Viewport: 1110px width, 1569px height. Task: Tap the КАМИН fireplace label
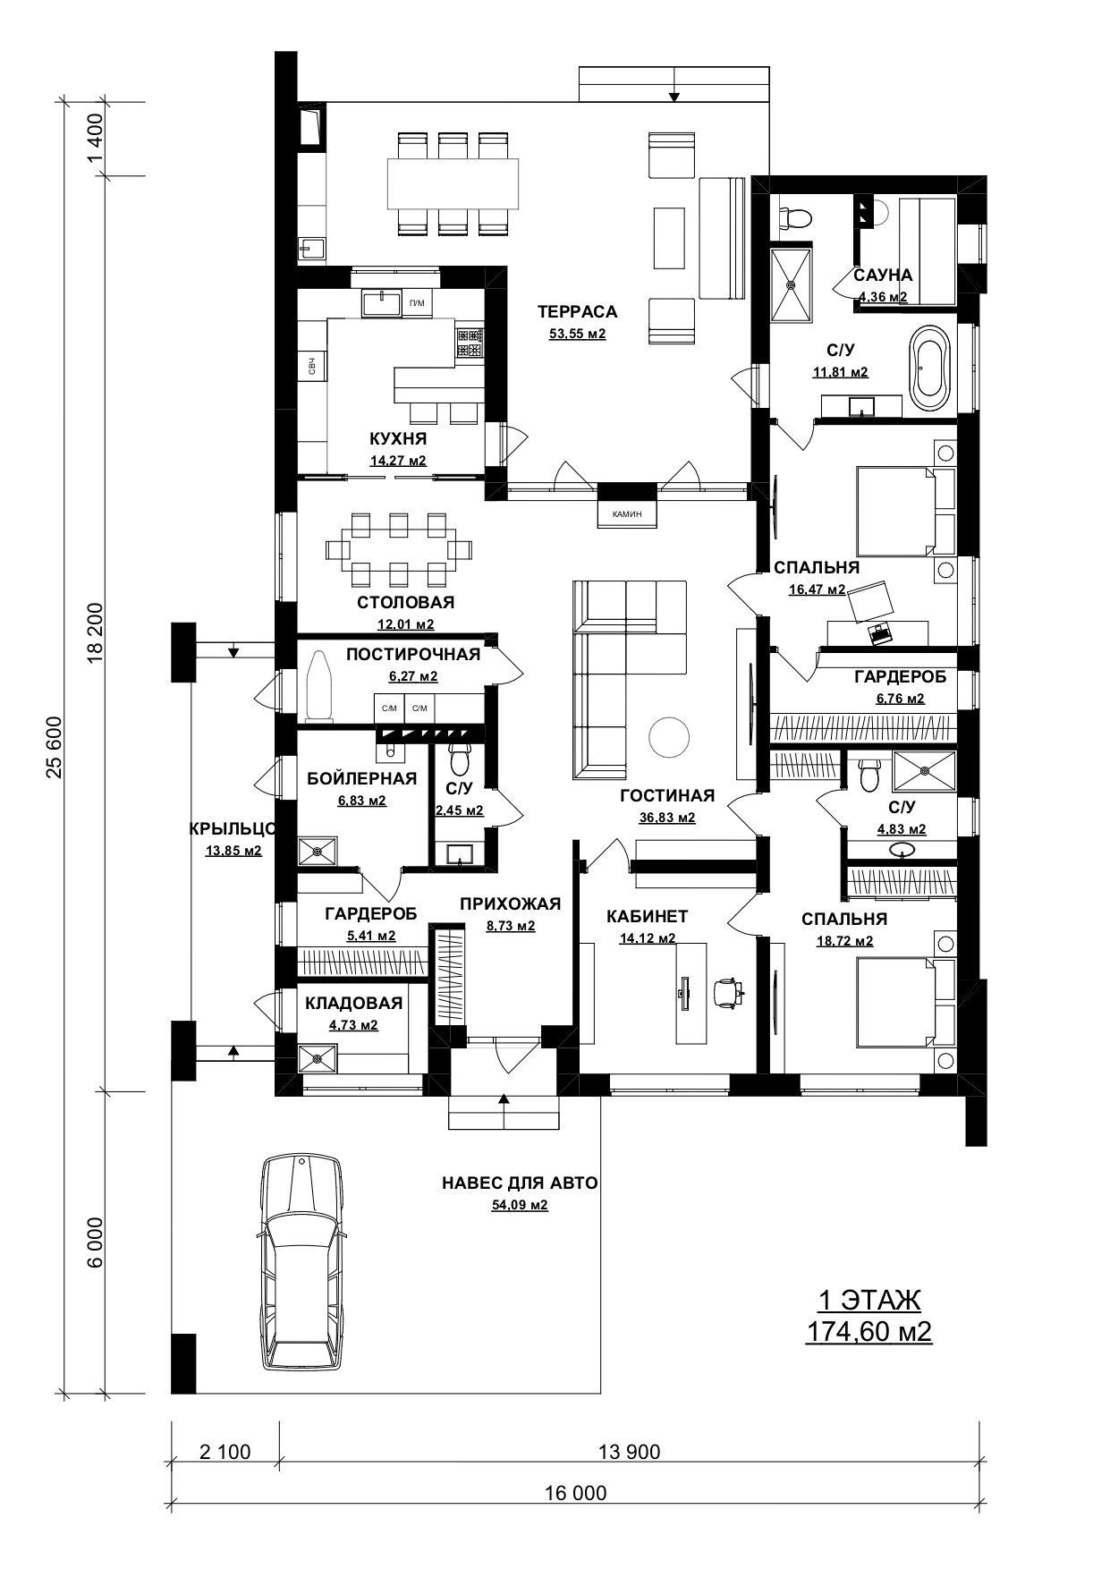tap(627, 514)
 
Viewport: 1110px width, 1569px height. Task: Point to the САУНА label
tap(883, 276)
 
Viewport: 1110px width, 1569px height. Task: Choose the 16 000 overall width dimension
tap(575, 1493)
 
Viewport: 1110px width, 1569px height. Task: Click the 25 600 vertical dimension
tap(55, 748)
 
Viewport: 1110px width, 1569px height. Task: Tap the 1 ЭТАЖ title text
tap(869, 1301)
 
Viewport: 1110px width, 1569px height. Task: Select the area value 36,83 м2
tap(667, 818)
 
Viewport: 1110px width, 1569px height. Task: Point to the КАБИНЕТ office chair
tap(728, 993)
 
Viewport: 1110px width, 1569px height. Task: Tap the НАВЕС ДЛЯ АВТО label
tap(520, 1183)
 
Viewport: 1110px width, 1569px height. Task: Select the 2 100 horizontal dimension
tap(225, 1451)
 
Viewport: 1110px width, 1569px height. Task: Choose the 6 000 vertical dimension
tap(96, 1241)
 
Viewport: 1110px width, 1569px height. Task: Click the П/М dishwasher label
tap(417, 303)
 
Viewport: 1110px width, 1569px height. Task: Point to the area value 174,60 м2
tap(869, 1332)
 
